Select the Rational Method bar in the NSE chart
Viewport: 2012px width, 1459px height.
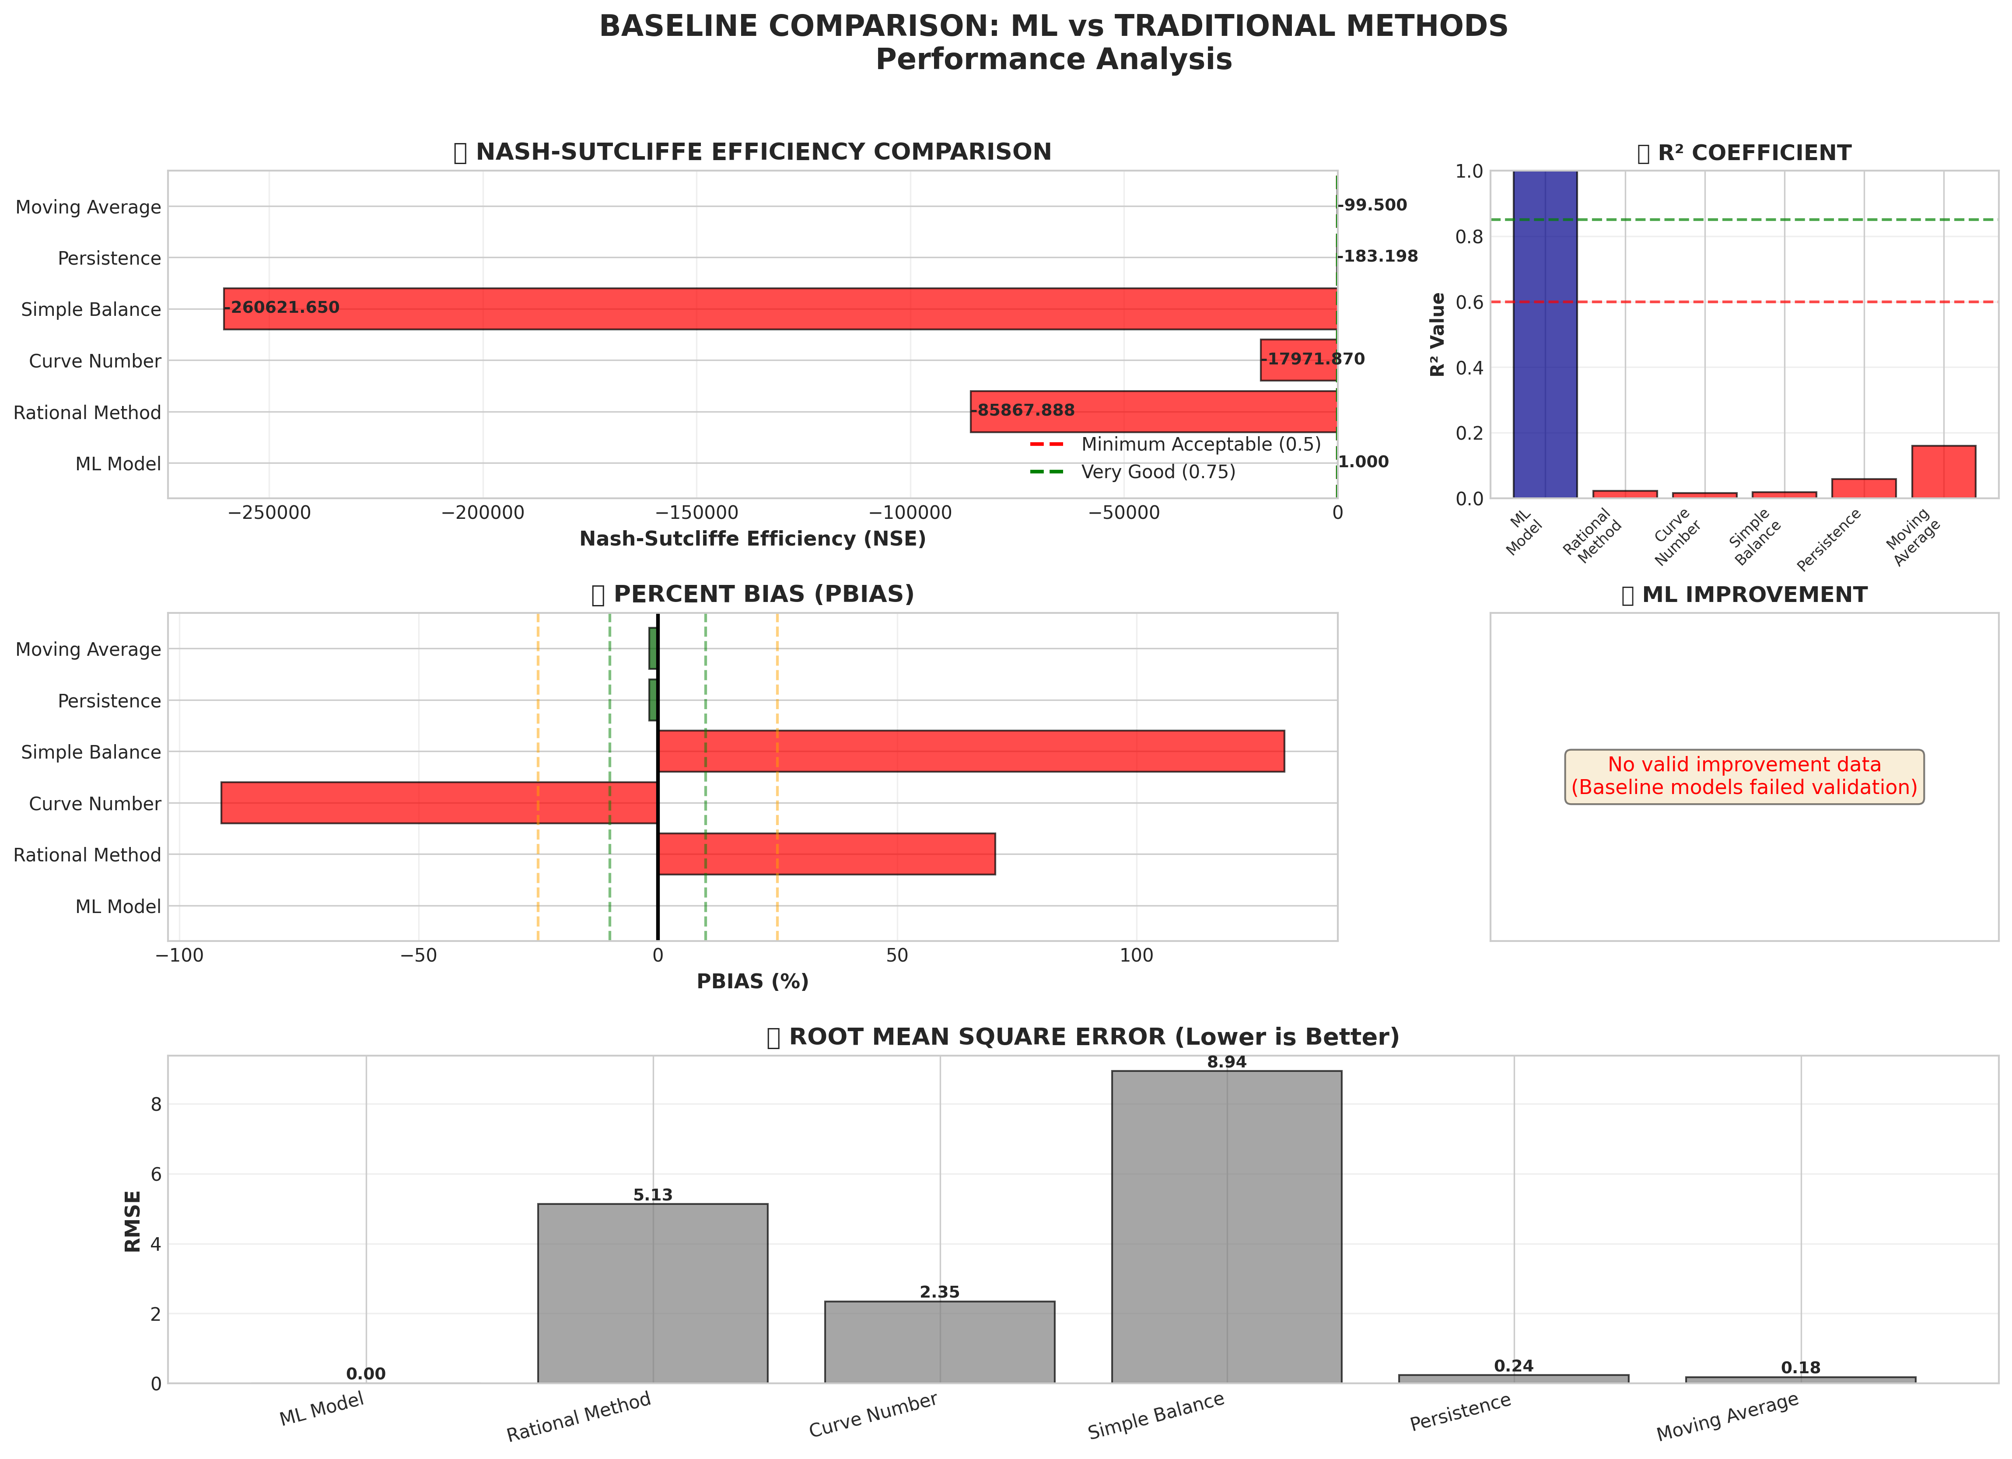click(x=1153, y=412)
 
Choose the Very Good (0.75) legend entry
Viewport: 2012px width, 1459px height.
click(x=1158, y=472)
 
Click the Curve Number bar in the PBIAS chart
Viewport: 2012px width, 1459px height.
click(x=439, y=803)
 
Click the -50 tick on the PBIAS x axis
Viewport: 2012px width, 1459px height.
click(x=419, y=956)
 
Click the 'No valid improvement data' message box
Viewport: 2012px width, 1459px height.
click(x=1744, y=776)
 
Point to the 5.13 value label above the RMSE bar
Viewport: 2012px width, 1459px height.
click(x=653, y=1195)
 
